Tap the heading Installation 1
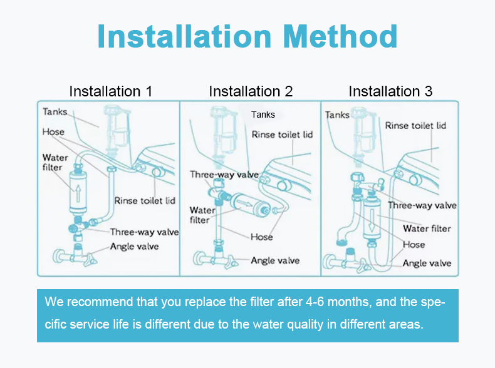click(x=110, y=91)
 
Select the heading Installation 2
click(x=251, y=91)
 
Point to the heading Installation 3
click(x=390, y=91)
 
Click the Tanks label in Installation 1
click(x=55, y=111)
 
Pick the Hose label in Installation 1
click(x=53, y=132)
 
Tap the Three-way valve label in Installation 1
click(x=144, y=232)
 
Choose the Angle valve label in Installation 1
click(x=134, y=246)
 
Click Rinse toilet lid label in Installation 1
click(x=144, y=201)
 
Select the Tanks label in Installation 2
click(x=263, y=115)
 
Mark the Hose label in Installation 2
click(x=261, y=237)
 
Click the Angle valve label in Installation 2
click(x=275, y=260)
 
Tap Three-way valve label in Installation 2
click(x=224, y=175)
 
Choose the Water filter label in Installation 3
click(x=426, y=228)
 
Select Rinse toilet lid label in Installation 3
click(x=415, y=126)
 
